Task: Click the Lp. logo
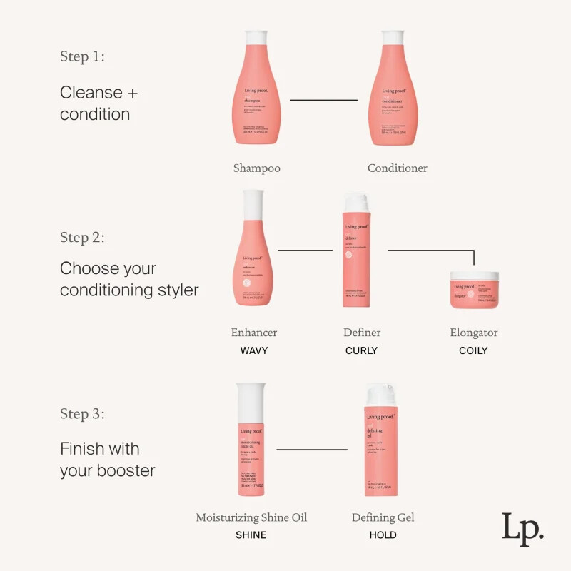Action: click(x=522, y=529)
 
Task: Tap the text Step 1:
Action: click(x=82, y=57)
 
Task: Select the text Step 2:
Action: click(x=82, y=238)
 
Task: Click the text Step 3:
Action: click(x=82, y=414)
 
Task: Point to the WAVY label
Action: click(x=253, y=350)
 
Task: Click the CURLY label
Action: click(x=361, y=350)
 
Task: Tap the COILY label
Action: click(x=473, y=350)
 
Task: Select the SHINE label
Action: click(x=251, y=535)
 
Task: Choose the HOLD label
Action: click(x=383, y=535)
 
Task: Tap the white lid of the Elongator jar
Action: click(x=473, y=275)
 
